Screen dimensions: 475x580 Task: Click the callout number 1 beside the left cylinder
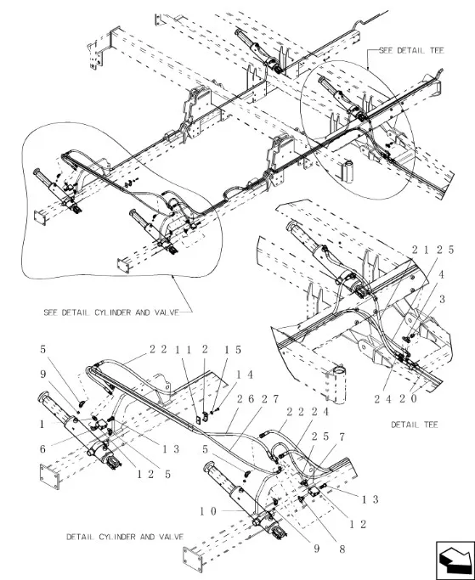click(x=42, y=425)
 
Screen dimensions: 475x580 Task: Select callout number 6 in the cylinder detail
click(x=43, y=449)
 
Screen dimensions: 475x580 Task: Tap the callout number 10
click(x=208, y=511)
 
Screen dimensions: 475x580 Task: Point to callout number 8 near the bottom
click(x=342, y=549)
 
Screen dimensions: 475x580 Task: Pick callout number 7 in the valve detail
click(x=342, y=436)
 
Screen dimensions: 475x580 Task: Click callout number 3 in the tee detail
click(x=442, y=299)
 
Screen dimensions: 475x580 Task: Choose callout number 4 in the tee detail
click(x=441, y=274)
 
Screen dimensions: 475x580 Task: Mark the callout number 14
click(x=245, y=374)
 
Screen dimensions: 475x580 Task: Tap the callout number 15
click(x=233, y=350)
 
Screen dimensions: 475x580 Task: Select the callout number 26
click(x=246, y=399)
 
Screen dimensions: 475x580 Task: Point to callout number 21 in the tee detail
click(x=421, y=250)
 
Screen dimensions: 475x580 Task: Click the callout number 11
click(x=184, y=350)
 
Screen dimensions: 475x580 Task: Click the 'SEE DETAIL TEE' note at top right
click(x=411, y=51)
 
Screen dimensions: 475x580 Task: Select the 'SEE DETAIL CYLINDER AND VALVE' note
click(x=111, y=313)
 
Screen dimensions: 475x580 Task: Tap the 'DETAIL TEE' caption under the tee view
click(x=415, y=425)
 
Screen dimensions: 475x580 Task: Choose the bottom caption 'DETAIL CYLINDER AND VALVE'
click(x=125, y=537)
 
